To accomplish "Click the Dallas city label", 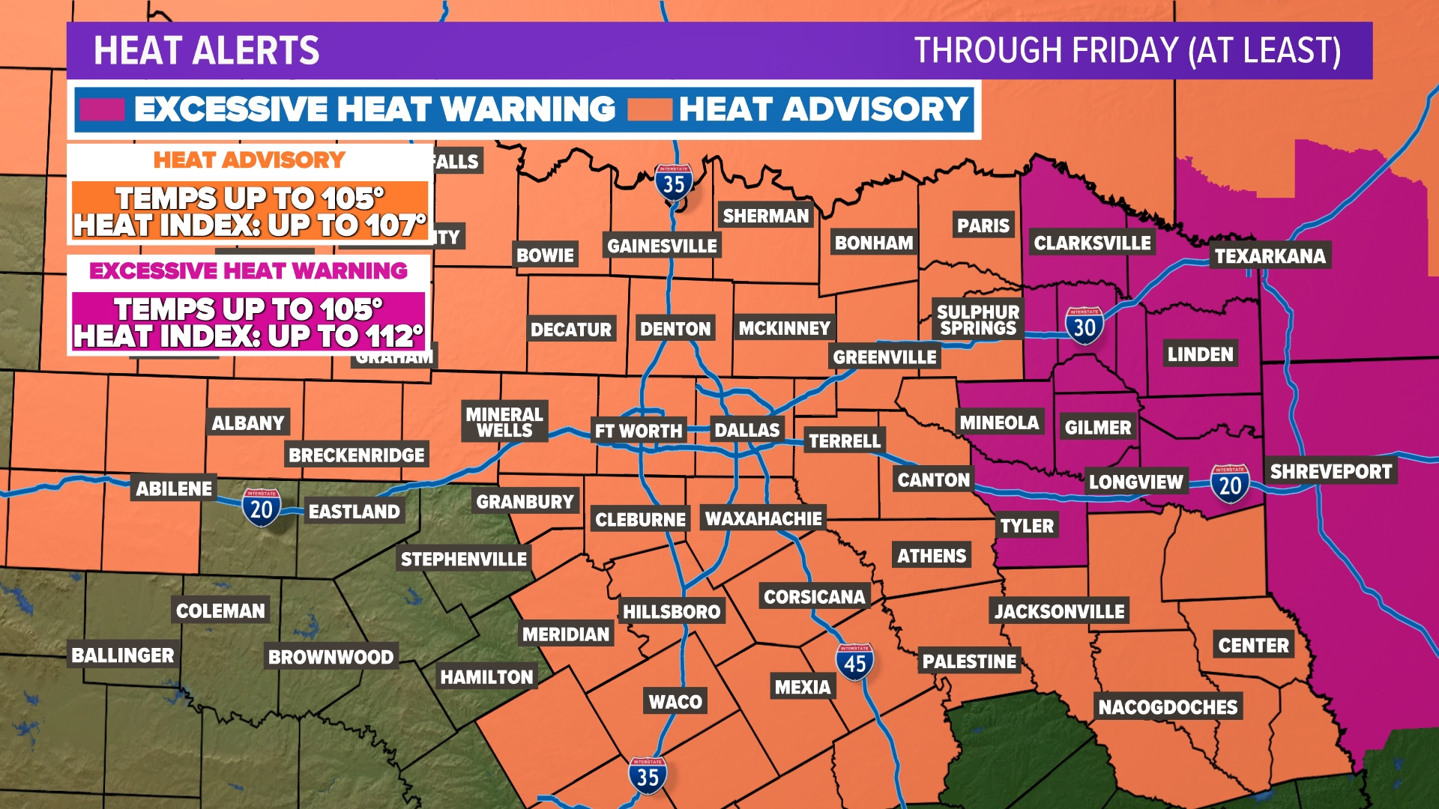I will pos(746,430).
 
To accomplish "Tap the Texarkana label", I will pos(1270,256).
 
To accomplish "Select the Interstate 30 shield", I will pos(1084,326).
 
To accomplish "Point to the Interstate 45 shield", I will pos(854,662).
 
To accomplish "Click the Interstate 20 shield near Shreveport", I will pos(1230,484).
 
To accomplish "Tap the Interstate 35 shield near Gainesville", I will pos(673,182).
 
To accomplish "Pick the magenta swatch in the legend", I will pos(102,109).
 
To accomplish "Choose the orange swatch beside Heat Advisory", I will pos(649,109).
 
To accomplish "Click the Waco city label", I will pos(675,702).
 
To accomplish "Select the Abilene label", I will pos(174,489).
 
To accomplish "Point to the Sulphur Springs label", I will pos(978,320).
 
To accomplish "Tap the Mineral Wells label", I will pos(504,422).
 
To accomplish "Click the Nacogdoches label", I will pos(1168,706).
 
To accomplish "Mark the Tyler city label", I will pos(1027,526).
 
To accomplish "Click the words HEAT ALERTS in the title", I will pos(206,51).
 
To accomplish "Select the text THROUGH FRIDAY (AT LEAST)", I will pos(1127,51).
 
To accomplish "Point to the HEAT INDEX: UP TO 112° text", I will pos(248,336).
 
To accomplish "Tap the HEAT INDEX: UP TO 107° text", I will pos(250,225).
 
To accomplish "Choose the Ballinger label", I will pos(123,655).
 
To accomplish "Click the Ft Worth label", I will pos(639,431).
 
